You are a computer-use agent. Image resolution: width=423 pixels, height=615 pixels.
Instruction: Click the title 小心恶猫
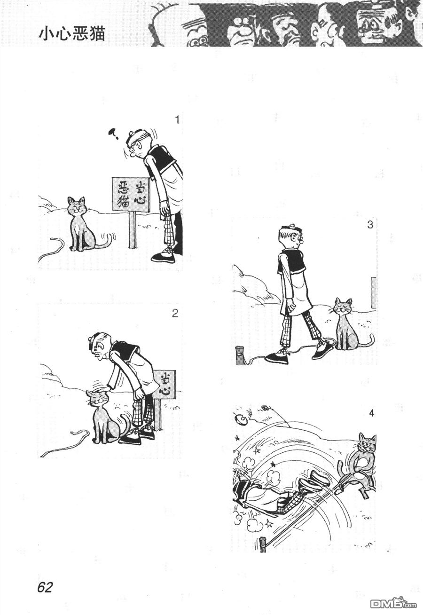click(72, 35)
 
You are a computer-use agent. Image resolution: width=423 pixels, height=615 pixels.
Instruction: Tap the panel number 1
click(177, 120)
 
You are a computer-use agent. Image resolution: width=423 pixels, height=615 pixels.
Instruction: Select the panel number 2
click(175, 313)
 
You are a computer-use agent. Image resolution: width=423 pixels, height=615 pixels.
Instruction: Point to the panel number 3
click(370, 225)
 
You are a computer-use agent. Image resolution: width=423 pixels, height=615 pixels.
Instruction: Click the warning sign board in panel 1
click(131, 194)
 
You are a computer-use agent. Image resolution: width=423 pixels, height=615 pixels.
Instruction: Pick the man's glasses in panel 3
click(301, 241)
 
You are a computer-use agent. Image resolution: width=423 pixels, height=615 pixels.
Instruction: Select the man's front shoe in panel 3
click(277, 358)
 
